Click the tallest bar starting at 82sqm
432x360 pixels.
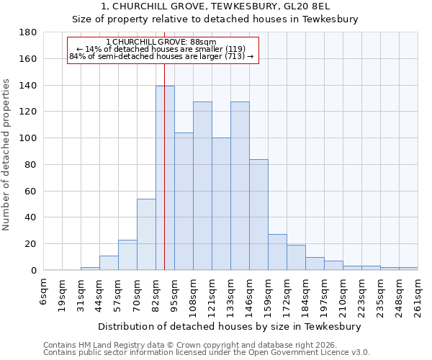pos(165,178)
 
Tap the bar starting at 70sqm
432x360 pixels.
pos(146,234)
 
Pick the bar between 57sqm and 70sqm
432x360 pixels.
pos(127,255)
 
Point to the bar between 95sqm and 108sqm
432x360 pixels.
pos(184,202)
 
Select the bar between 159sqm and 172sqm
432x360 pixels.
pos(277,252)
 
